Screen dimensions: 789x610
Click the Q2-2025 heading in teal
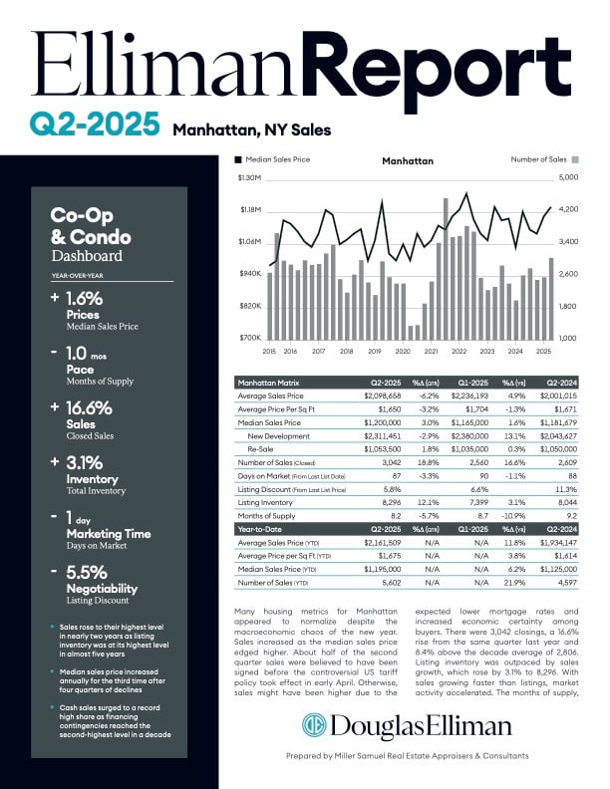coord(95,124)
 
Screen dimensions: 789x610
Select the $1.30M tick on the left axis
coord(248,178)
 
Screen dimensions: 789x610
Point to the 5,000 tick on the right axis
coord(567,178)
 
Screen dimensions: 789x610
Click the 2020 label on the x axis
coord(403,352)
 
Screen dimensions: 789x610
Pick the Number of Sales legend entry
coord(544,159)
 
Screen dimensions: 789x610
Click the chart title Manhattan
coord(408,159)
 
